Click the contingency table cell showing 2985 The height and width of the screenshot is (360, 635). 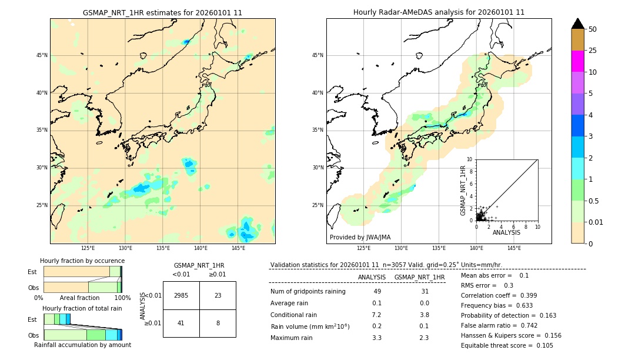pos(181,295)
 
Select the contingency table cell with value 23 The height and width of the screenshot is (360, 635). pos(218,295)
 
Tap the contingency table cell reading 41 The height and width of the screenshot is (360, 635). pos(181,322)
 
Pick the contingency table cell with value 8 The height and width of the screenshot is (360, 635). pos(218,322)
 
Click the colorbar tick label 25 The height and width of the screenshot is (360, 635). pos(593,51)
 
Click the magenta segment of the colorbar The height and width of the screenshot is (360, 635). pos(578,61)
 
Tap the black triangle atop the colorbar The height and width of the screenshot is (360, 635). pos(578,24)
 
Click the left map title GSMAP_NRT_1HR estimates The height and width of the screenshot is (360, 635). pos(162,12)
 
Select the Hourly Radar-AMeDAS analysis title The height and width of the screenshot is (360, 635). pos(439,12)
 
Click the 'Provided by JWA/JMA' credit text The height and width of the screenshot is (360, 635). pos(360,238)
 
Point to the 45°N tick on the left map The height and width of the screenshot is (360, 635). pos(42,55)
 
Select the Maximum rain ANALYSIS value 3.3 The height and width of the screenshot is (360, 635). pos(377,338)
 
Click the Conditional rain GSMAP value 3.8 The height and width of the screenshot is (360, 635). pos(424,315)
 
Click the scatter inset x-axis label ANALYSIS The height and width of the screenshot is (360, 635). pos(506,232)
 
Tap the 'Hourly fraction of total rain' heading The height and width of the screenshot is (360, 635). pos(82,308)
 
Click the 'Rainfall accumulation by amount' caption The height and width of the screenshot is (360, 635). pos(82,345)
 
